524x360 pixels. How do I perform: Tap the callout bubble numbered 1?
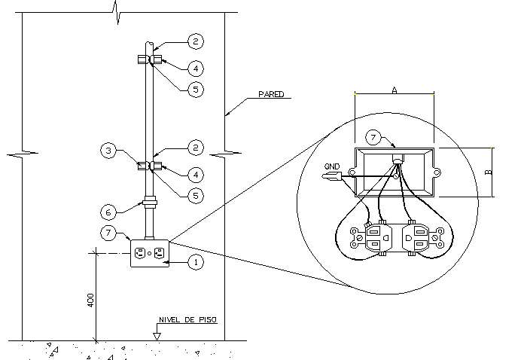[x=195, y=262]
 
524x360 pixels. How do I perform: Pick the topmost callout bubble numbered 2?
[x=195, y=41]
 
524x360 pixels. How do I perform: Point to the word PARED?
[x=271, y=95]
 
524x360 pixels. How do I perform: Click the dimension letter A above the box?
[x=394, y=89]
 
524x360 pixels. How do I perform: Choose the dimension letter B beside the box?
[x=487, y=172]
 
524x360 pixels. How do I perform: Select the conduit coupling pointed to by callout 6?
[x=150, y=202]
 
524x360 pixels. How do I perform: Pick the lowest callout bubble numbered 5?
[x=195, y=194]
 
